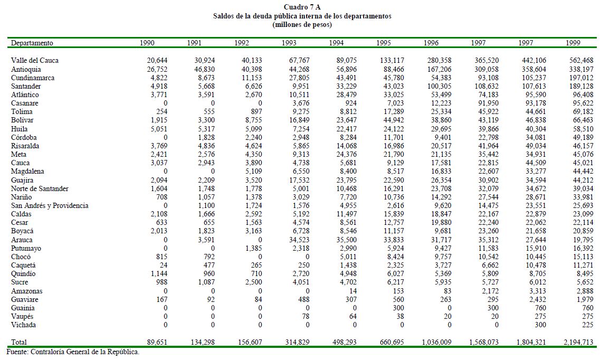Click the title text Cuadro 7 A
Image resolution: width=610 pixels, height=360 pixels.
(x=302, y=7)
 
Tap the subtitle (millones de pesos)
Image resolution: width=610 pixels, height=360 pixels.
(x=302, y=24)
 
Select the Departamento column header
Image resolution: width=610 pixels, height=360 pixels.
(x=32, y=43)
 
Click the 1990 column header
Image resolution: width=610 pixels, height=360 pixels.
(x=147, y=43)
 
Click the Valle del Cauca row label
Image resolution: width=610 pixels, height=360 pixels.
(x=35, y=61)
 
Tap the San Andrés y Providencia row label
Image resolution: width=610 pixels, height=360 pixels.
(x=50, y=206)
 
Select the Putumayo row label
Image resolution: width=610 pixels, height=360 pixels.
(x=26, y=249)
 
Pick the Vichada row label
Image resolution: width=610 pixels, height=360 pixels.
(x=24, y=325)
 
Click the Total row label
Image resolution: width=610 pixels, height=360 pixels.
(x=19, y=343)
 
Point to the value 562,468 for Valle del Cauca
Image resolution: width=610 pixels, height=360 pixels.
(x=580, y=61)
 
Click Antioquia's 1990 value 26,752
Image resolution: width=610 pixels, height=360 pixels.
(x=157, y=69)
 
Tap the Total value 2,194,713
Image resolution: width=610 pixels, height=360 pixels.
(x=577, y=343)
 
